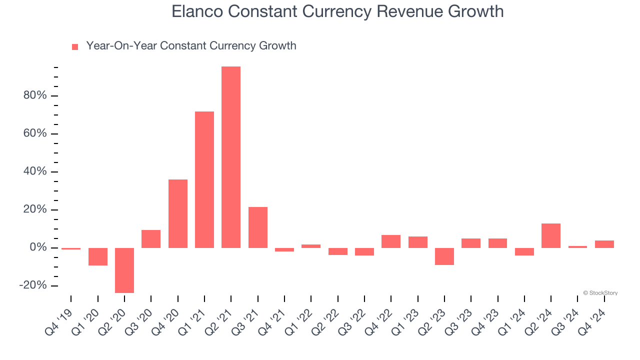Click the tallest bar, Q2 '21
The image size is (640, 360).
[x=231, y=157]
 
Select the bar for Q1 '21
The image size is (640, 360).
[x=204, y=179]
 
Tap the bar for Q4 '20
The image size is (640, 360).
[x=178, y=213]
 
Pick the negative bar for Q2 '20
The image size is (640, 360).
[x=124, y=270]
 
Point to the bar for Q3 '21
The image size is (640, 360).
[x=258, y=227]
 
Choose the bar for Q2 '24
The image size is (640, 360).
[x=551, y=235]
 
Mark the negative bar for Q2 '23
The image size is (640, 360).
[x=444, y=256]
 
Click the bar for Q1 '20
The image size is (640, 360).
[x=98, y=256]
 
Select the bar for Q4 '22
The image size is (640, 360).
[x=391, y=241]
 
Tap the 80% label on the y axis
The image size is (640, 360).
[x=34, y=95]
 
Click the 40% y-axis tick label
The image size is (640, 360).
[x=34, y=171]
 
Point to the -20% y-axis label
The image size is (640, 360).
[x=32, y=285]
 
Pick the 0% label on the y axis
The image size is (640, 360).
[x=37, y=247]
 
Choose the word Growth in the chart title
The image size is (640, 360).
[x=477, y=11]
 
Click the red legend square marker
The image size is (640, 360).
[x=75, y=46]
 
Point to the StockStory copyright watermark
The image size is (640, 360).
[x=600, y=293]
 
